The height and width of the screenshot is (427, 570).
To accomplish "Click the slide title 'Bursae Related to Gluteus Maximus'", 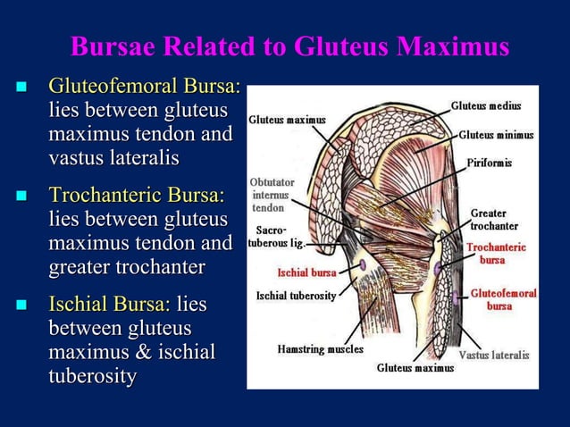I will [x=289, y=46].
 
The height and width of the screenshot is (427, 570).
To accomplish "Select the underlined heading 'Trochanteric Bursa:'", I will [x=136, y=196].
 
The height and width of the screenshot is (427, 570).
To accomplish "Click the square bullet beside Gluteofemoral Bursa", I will [x=21, y=88].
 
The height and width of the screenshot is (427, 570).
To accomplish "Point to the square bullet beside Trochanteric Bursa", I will [x=21, y=197].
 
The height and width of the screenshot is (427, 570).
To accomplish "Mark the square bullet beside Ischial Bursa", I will [x=21, y=306].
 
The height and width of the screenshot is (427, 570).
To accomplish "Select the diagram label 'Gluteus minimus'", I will [x=496, y=135].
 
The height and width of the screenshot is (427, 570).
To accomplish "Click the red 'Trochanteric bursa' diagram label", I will [x=496, y=253].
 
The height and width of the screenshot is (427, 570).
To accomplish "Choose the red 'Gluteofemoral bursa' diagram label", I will [x=503, y=299].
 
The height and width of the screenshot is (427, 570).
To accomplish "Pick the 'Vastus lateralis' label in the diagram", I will [x=494, y=355].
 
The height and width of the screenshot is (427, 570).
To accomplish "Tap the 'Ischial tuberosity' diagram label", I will [x=296, y=296].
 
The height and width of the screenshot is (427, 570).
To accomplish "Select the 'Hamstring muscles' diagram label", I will [x=320, y=348].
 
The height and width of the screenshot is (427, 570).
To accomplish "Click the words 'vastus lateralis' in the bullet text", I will [x=113, y=157].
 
